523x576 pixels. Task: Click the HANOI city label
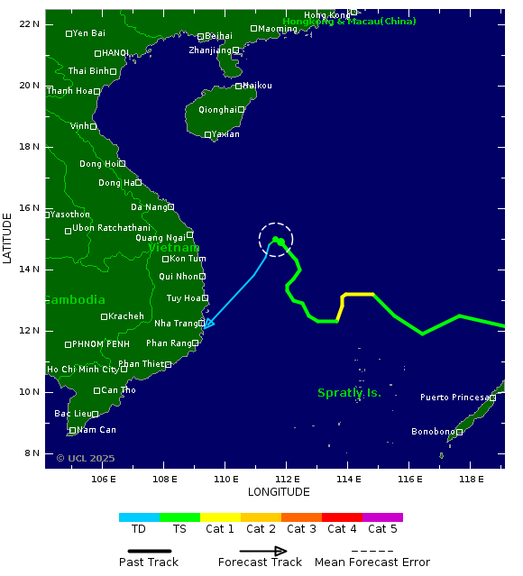click(115, 53)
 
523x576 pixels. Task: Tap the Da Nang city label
click(149, 207)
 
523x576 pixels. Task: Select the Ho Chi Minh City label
click(82, 370)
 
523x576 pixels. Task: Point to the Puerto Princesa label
click(454, 398)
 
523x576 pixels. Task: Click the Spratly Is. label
click(349, 393)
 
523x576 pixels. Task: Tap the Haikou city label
click(257, 86)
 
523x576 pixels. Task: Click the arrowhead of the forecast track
click(208, 323)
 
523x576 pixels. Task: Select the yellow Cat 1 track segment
click(357, 295)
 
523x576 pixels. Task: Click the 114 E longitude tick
click(348, 478)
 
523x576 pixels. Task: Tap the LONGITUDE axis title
click(279, 492)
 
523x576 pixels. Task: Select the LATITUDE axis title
click(8, 238)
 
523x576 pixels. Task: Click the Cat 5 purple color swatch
click(382, 517)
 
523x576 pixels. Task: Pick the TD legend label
click(139, 529)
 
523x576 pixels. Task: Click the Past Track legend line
click(149, 551)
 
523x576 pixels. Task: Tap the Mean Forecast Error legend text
click(372, 562)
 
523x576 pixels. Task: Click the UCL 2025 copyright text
click(86, 459)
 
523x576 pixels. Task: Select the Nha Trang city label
click(175, 324)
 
